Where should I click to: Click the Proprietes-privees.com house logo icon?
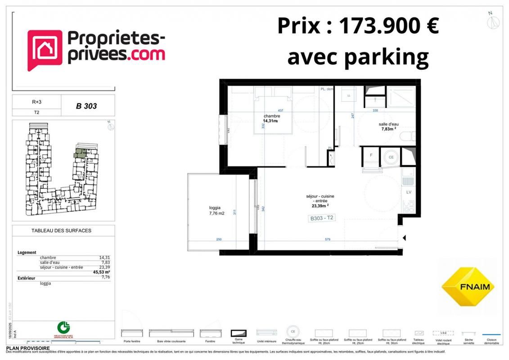(x=45, y=49)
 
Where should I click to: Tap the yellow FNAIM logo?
(x=468, y=287)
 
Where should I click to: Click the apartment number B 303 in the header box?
(x=86, y=107)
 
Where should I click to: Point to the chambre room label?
(x=272, y=116)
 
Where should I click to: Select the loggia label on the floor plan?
(x=215, y=208)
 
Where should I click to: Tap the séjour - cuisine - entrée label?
(x=320, y=199)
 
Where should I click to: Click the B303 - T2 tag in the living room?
(x=321, y=218)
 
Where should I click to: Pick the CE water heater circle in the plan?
(x=391, y=157)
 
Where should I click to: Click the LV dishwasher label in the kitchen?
(x=409, y=192)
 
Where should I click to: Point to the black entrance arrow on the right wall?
(x=404, y=238)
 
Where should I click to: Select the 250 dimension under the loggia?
(x=219, y=239)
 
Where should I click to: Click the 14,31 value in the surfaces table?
(x=104, y=257)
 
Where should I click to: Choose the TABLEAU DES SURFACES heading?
(x=61, y=231)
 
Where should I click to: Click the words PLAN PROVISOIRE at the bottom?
(x=28, y=348)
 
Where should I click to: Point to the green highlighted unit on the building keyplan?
(x=80, y=153)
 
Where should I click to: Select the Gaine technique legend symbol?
(x=239, y=333)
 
